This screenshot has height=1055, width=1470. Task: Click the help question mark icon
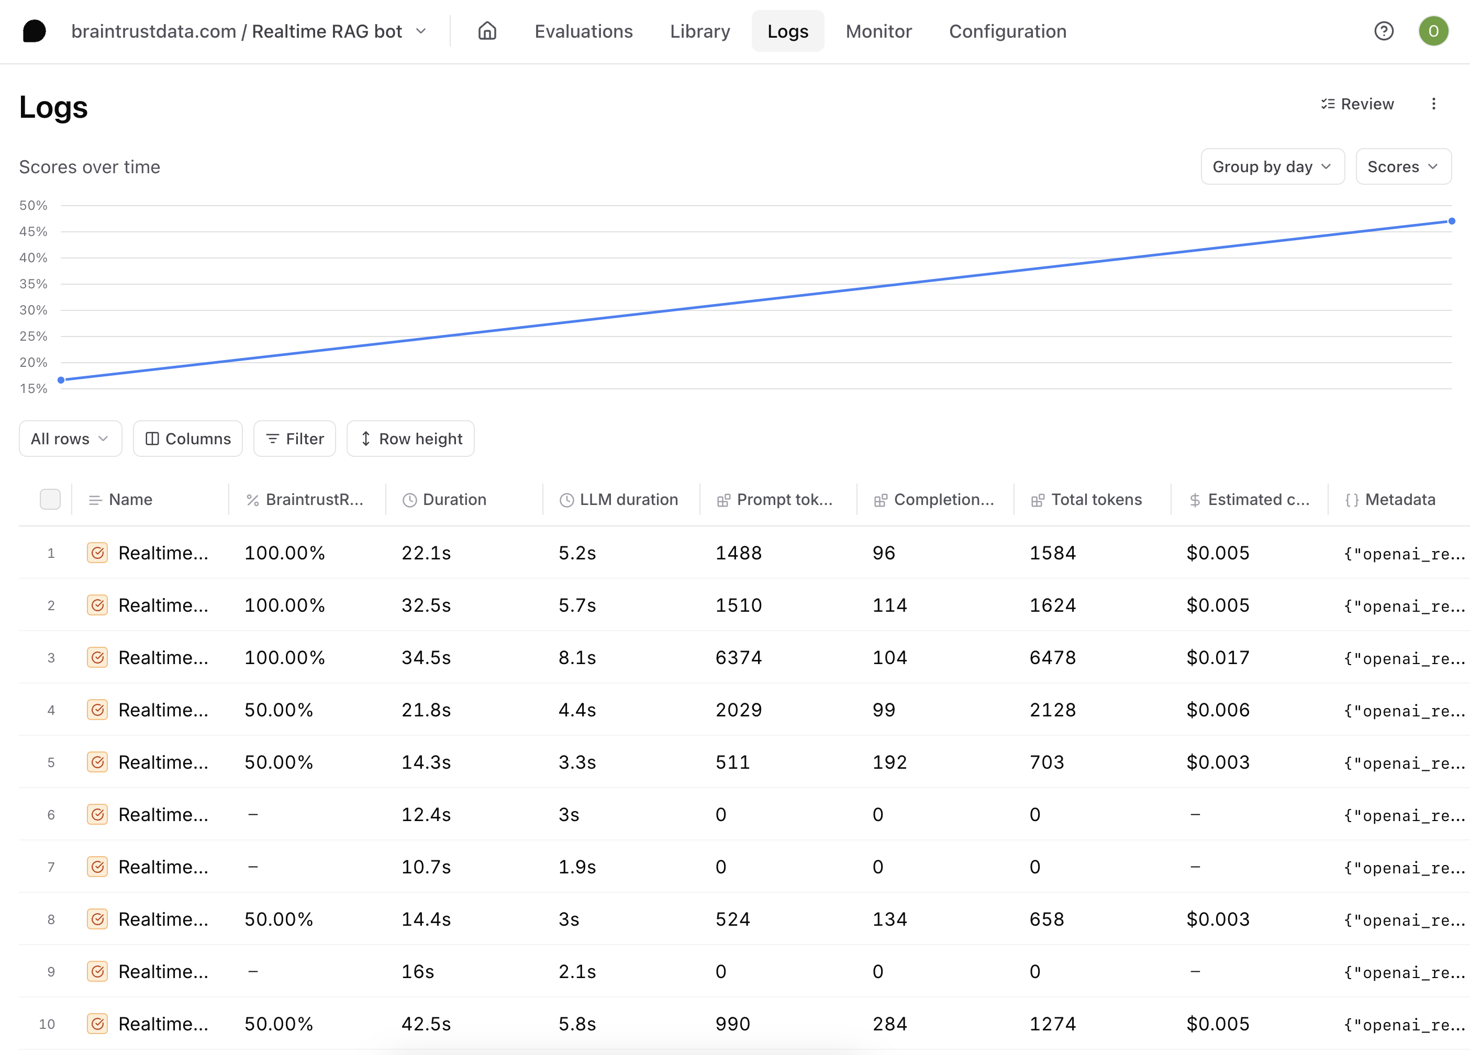pyautogui.click(x=1384, y=31)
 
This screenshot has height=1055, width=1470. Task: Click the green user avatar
pyautogui.click(x=1433, y=31)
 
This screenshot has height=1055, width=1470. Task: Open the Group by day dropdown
pyautogui.click(x=1272, y=166)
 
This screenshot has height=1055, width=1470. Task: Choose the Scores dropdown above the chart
pyautogui.click(x=1402, y=166)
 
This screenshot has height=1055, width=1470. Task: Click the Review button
pyautogui.click(x=1357, y=104)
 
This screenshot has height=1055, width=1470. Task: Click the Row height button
pyautogui.click(x=410, y=439)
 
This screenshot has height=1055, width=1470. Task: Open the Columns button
pyautogui.click(x=188, y=439)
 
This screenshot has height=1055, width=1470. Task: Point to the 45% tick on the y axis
pyautogui.click(x=33, y=231)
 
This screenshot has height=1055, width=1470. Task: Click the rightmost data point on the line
pyautogui.click(x=1452, y=221)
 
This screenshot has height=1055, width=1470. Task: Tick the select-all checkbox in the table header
pyautogui.click(x=50, y=499)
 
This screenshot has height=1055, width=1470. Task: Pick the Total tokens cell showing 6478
pyautogui.click(x=1053, y=657)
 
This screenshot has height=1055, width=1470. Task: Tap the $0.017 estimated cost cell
pyautogui.click(x=1217, y=657)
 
